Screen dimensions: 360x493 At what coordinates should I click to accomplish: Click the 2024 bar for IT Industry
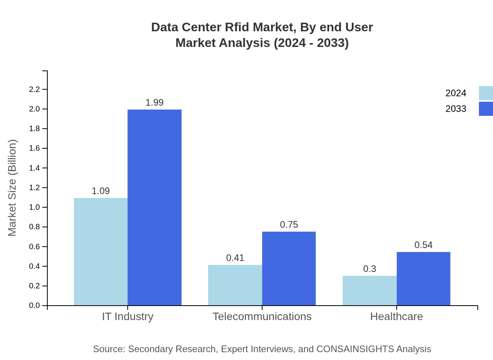101,252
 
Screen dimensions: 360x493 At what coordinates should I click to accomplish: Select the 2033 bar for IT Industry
155,207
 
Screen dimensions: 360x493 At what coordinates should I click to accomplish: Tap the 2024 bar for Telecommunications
235,285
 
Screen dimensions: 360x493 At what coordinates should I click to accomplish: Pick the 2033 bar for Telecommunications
289,268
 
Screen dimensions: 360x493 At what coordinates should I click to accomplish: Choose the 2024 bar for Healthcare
370,290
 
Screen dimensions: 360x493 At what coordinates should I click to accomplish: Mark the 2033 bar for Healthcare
423,279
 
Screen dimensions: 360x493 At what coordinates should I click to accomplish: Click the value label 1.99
155,103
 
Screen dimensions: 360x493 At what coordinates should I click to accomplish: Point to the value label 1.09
101,191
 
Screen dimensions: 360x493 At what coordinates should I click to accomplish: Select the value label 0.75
289,225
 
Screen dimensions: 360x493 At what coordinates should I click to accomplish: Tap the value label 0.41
235,258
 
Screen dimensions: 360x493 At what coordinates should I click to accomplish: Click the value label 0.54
423,245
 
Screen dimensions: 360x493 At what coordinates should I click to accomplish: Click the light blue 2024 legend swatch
486,93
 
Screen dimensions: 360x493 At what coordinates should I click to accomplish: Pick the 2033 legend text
456,109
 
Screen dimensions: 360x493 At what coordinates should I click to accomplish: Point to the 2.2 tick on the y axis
35,89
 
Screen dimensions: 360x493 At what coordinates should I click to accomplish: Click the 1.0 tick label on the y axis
35,207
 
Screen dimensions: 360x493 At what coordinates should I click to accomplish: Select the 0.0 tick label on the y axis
35,305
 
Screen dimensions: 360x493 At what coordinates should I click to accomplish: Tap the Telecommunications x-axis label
262,316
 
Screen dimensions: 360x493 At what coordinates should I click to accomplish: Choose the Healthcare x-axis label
396,316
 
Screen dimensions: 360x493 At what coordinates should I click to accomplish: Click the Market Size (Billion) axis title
13,188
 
